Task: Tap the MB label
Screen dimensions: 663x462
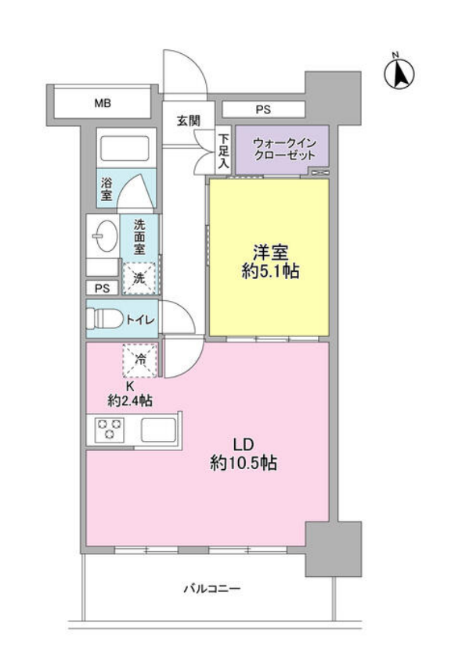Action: (x=103, y=103)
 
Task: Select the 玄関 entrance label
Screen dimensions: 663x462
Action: (x=188, y=120)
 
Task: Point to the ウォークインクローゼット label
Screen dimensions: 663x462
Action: (x=283, y=148)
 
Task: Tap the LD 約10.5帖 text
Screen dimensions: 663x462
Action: (x=243, y=453)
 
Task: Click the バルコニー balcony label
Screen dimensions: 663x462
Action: (x=212, y=589)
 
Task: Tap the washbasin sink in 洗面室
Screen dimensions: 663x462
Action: (x=104, y=235)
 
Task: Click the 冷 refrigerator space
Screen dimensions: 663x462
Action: (x=141, y=360)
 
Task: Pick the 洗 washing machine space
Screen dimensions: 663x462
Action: (x=139, y=277)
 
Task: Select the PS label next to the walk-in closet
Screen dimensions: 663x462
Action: (x=262, y=109)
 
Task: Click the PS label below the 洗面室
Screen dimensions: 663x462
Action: (x=102, y=288)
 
